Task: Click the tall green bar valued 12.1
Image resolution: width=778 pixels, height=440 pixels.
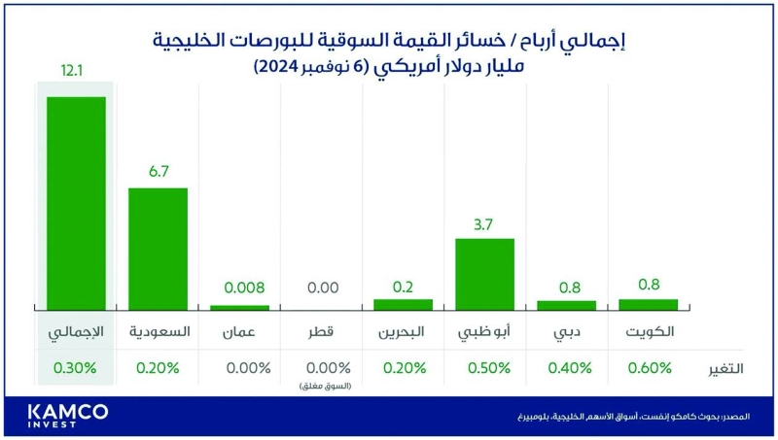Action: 76,202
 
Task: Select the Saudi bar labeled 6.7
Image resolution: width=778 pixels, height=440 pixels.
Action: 158,248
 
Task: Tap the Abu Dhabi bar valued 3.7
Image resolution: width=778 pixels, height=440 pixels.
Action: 484,274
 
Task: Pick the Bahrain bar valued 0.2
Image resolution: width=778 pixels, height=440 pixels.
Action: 403,304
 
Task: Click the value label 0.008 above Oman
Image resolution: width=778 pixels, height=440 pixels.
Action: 238,288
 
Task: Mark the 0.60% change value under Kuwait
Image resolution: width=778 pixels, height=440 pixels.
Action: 648,368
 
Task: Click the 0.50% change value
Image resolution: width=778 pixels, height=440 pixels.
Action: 484,368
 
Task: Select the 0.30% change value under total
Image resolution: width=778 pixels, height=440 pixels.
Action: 76,368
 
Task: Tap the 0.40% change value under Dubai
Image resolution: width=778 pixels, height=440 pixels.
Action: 566,368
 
